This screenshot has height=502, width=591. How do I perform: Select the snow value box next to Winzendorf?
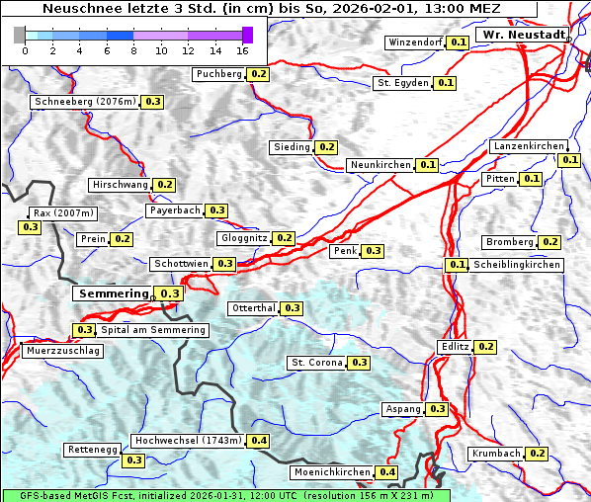coord(458,42)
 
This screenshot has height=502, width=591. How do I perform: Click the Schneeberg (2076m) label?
coord(84,102)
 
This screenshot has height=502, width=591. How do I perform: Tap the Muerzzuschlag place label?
coord(62,351)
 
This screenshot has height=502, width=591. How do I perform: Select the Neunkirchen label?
coord(380,165)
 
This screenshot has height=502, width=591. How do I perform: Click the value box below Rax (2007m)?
coord(30,227)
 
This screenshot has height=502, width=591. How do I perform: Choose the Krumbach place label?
coord(495,454)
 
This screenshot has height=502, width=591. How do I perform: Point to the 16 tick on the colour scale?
coord(243,49)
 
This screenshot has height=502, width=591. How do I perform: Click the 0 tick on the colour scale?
coord(25,49)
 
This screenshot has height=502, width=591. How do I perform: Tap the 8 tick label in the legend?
coord(133,49)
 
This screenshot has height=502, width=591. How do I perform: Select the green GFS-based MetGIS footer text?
coord(225,495)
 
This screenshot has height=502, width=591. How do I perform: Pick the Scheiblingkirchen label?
coord(516,265)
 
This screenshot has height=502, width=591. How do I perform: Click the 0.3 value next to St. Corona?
coord(360,363)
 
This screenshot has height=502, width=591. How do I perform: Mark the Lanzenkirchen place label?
coord(528,146)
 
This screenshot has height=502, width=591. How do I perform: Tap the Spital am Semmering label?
coord(153,330)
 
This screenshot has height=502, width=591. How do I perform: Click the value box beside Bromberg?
coord(550,242)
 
